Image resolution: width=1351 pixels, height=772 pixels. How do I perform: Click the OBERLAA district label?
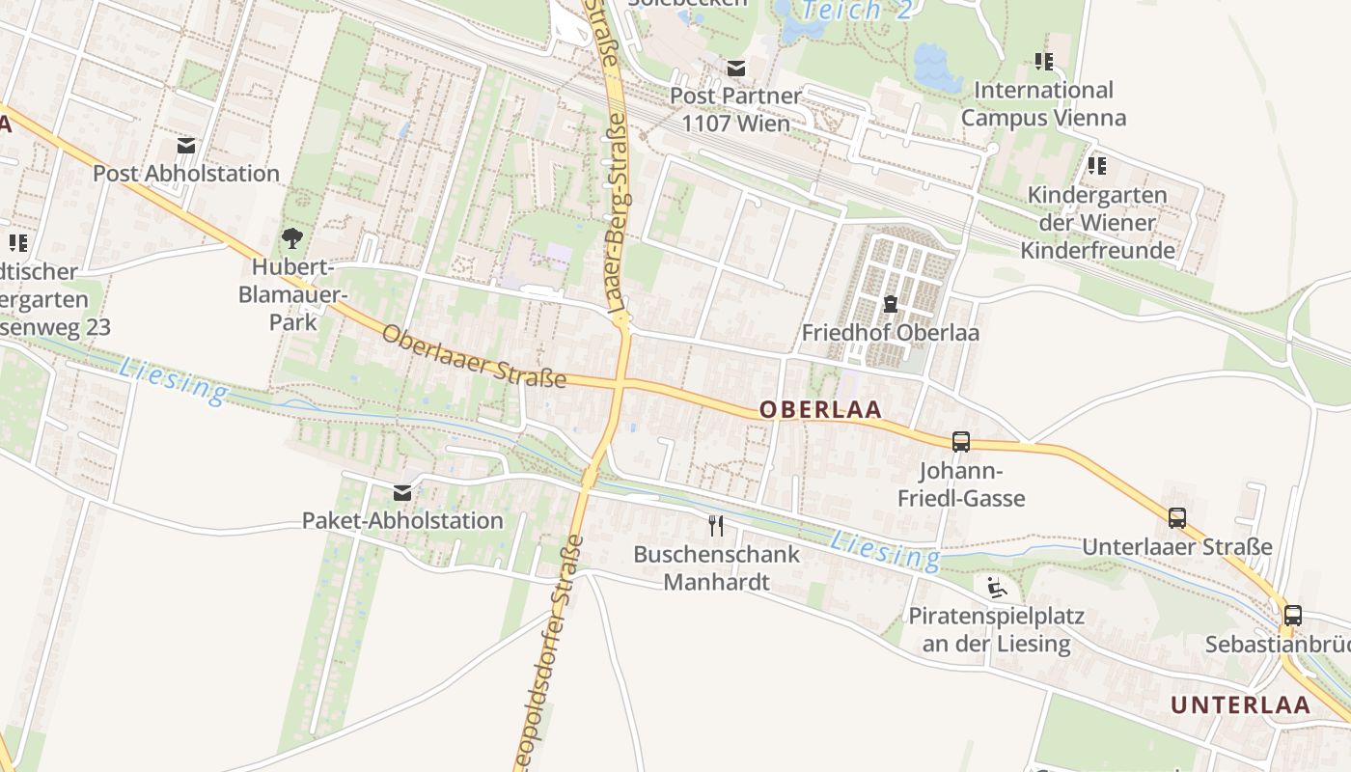[x=820, y=409]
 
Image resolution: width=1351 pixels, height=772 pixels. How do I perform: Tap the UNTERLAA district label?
[x=1241, y=704]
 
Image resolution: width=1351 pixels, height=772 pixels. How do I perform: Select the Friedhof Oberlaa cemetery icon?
[x=890, y=305]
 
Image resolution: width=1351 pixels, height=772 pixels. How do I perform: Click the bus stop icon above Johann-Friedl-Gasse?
[x=960, y=441]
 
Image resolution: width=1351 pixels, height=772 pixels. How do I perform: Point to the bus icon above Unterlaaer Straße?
[x=1176, y=517]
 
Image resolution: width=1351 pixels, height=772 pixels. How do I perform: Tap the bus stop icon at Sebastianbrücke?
[x=1292, y=615]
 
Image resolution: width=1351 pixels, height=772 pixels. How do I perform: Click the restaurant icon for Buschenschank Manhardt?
[x=715, y=525]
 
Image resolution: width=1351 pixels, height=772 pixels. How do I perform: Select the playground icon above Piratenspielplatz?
[x=997, y=587]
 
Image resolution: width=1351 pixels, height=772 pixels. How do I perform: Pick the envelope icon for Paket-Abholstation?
[x=402, y=493]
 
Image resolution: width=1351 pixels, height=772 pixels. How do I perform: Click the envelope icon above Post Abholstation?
[x=186, y=146]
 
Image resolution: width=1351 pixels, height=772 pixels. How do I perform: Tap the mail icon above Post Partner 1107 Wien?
[x=736, y=68]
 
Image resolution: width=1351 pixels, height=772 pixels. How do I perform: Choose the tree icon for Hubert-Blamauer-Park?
[x=291, y=237]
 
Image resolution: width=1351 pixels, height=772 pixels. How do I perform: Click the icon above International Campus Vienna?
[x=1043, y=62]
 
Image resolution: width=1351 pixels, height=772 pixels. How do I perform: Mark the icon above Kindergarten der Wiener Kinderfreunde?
[x=1097, y=166]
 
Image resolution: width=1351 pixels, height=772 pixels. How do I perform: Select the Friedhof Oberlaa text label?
[x=890, y=333]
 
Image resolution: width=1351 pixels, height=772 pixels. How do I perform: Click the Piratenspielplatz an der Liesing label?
[x=996, y=630]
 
